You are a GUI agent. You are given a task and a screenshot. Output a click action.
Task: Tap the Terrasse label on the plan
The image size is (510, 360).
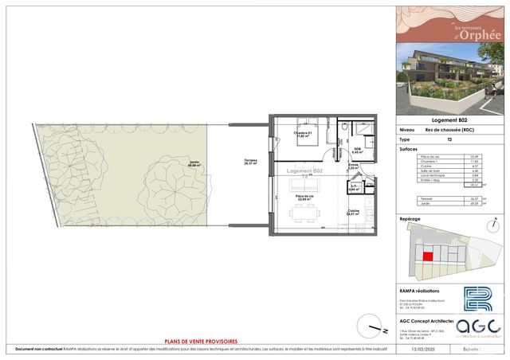(252, 162)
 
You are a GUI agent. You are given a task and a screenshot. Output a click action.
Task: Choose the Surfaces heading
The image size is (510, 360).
(410, 148)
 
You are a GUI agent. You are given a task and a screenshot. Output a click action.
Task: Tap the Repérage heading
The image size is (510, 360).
(411, 217)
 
